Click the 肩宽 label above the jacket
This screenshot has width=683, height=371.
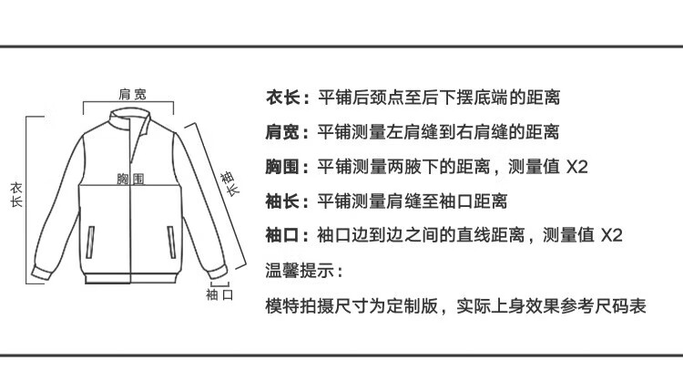[x=133, y=94]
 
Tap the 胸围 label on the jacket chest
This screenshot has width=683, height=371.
[x=131, y=180]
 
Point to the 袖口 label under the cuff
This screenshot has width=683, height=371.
[x=220, y=294]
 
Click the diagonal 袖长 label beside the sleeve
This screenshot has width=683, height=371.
[x=229, y=182]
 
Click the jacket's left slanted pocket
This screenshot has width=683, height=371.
[x=91, y=242]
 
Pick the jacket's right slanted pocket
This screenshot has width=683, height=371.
[x=172, y=242]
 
